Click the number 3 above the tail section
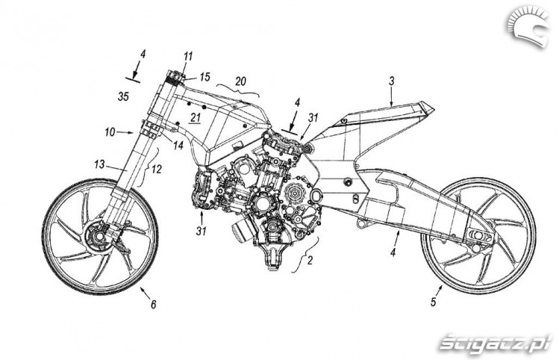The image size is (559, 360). click(391, 81)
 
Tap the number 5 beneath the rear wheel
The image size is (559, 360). click(433, 302)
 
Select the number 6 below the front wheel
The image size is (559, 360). click(153, 304)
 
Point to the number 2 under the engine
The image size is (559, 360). click(310, 261)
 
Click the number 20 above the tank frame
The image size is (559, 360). click(240, 81)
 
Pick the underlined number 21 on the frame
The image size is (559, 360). click(196, 117)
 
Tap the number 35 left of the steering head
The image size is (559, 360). click(123, 96)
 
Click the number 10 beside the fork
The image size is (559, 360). click(110, 132)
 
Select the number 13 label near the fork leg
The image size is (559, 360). click(99, 164)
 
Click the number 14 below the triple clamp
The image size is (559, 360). click(178, 145)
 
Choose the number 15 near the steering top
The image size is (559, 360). click(205, 77)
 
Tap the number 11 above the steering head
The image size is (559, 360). click(188, 56)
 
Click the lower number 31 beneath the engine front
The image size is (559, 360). click(201, 231)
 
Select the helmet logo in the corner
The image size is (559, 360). click(528, 28)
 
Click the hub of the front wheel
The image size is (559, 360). click(97, 237)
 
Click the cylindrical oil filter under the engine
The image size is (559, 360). click(243, 232)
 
